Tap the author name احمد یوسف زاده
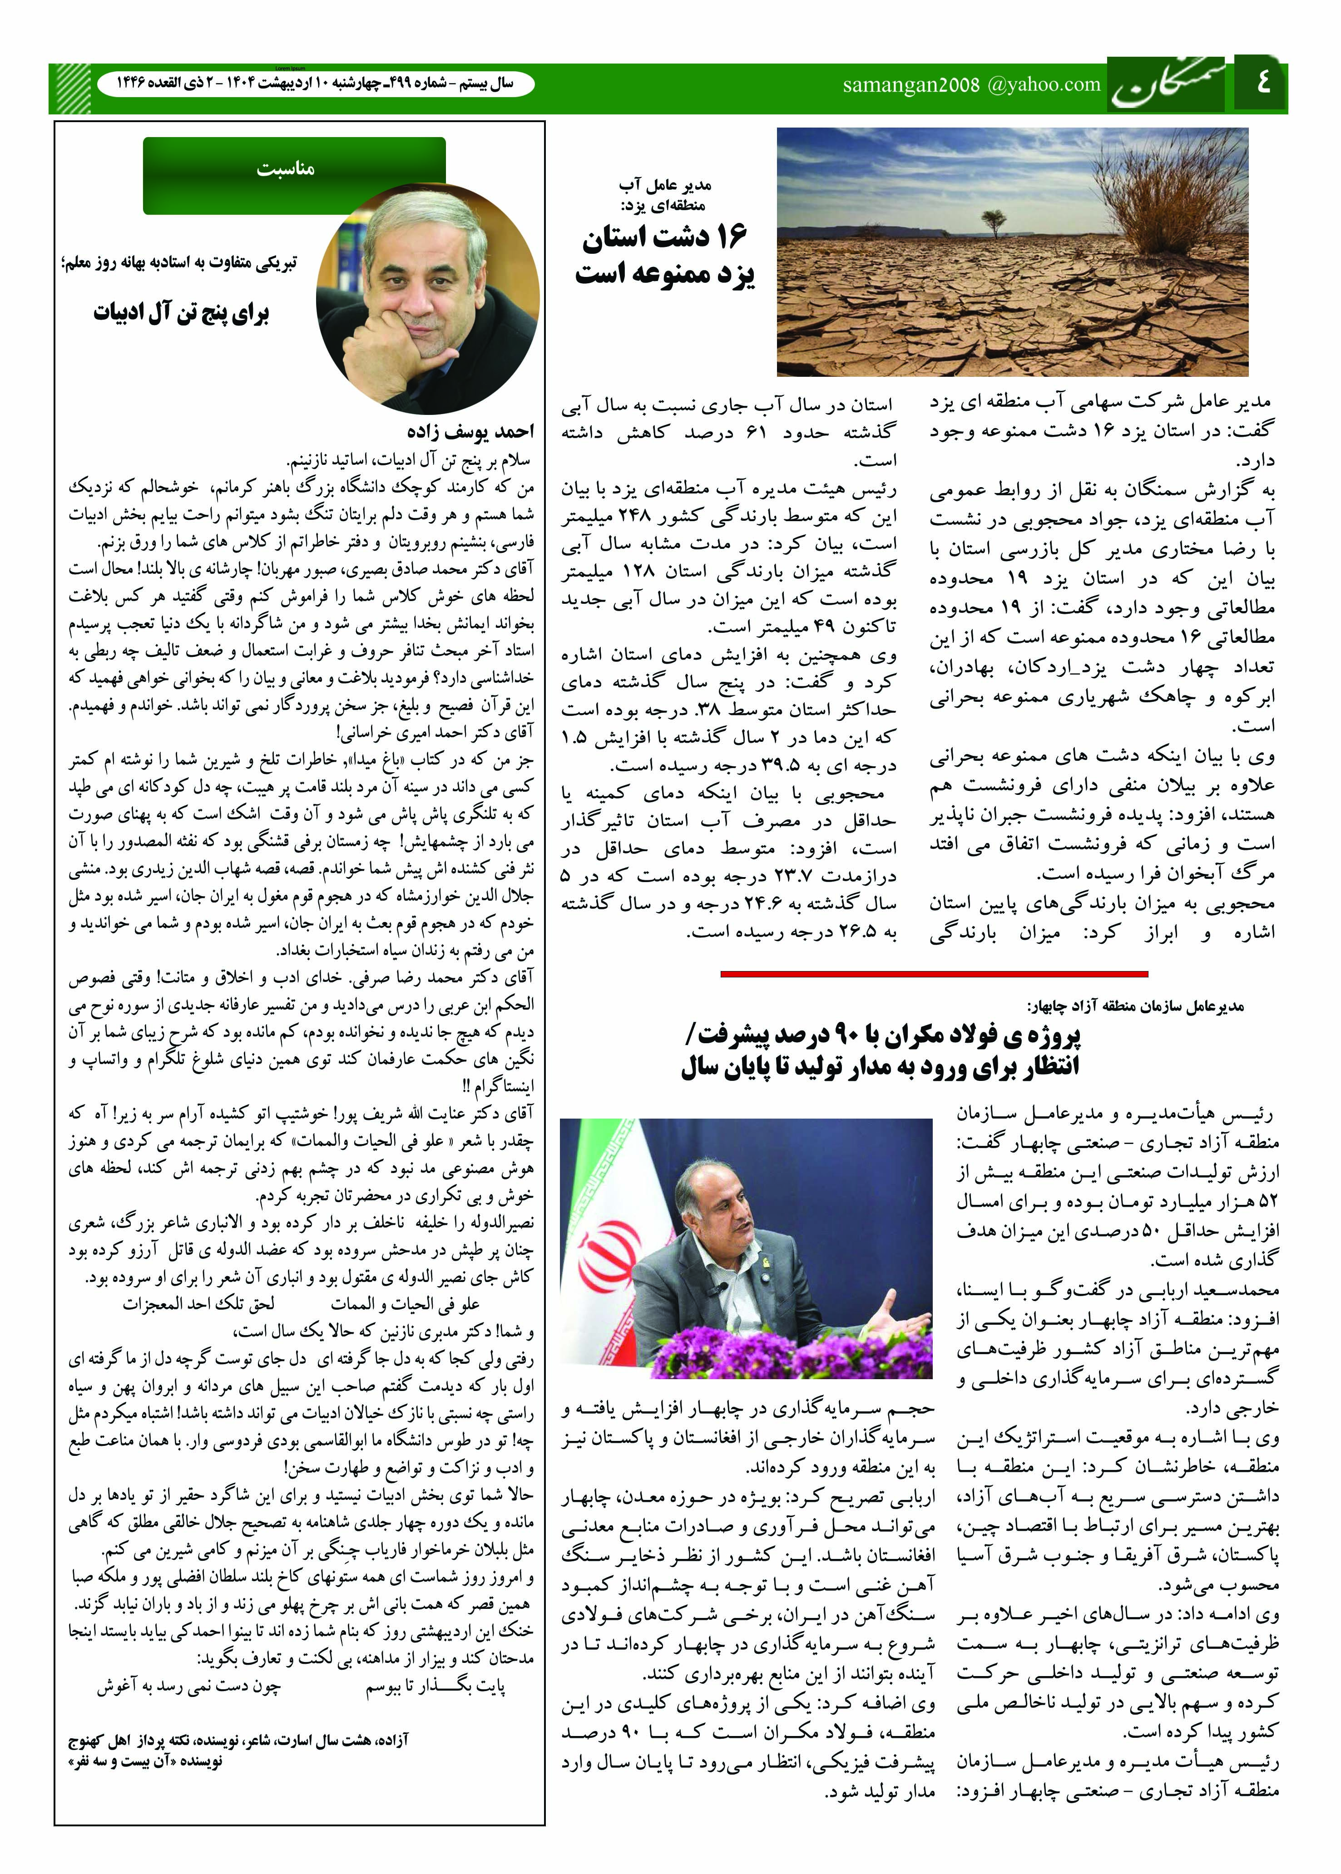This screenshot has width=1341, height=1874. coord(470,432)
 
